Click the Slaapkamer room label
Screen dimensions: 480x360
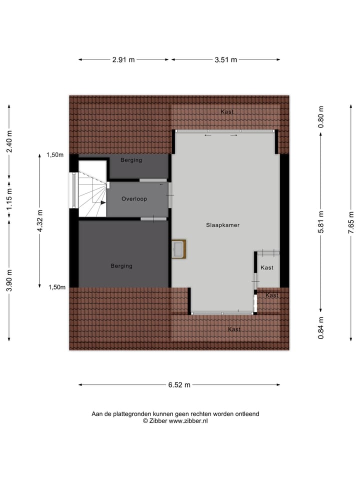pyautogui.click(x=222, y=225)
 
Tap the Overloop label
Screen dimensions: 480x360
pyautogui.click(x=134, y=199)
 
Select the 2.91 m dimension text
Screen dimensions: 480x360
pyautogui.click(x=123, y=59)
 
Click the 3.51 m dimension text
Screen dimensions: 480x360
pyautogui.click(x=225, y=59)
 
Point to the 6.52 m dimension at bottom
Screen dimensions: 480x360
pyautogui.click(x=178, y=384)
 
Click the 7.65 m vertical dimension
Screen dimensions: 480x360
pyautogui.click(x=351, y=223)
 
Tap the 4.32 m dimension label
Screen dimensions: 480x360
pyautogui.click(x=40, y=220)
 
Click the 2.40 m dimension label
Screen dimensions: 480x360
pyautogui.click(x=9, y=142)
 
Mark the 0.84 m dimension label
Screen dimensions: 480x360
pyautogui.click(x=321, y=328)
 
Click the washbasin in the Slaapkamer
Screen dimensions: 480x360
pyautogui.click(x=178, y=249)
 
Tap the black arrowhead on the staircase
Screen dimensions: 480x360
pyautogui.click(x=102, y=202)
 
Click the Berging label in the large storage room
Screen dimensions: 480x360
pyautogui.click(x=121, y=266)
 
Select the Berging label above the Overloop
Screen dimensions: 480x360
pyautogui.click(x=131, y=160)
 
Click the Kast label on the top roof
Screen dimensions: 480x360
pyautogui.click(x=227, y=112)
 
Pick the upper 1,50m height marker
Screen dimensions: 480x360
pyautogui.click(x=55, y=155)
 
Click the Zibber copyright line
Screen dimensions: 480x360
pyautogui.click(x=175, y=421)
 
